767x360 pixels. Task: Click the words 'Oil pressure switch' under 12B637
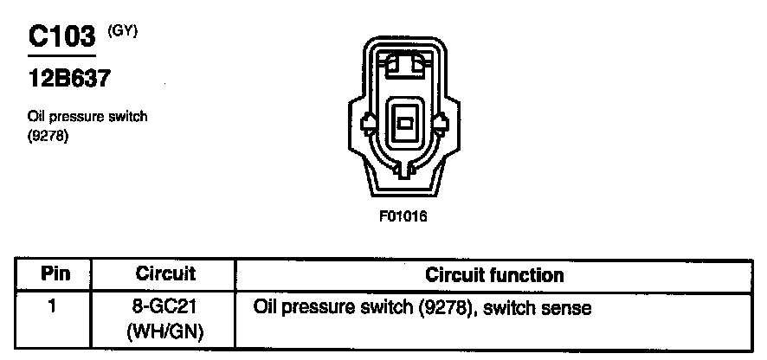(87, 118)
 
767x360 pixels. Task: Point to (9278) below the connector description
(48, 135)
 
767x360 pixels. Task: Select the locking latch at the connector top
(404, 66)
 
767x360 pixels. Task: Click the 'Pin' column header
(55, 275)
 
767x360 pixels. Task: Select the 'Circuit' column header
(165, 275)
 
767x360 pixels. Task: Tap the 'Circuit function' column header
(494, 275)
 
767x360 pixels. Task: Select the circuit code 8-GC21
(165, 307)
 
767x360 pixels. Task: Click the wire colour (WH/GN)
(165, 330)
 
